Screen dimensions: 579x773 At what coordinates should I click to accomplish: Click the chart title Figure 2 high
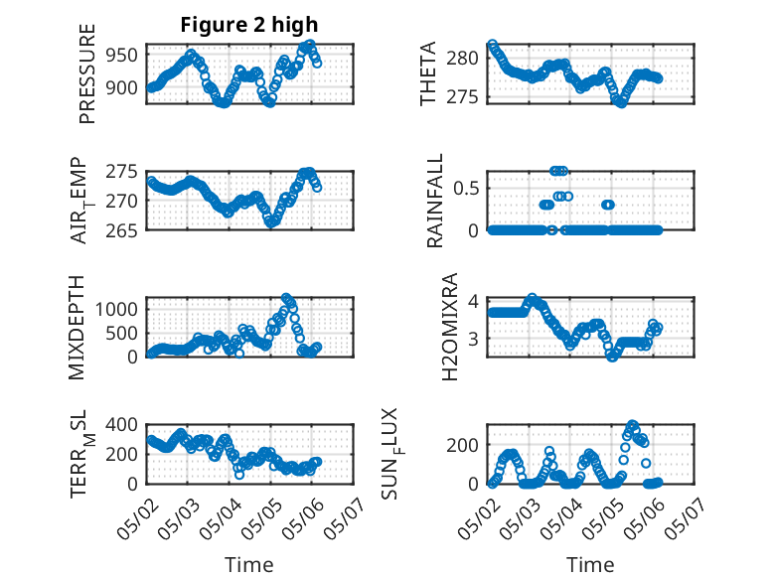pyautogui.click(x=248, y=24)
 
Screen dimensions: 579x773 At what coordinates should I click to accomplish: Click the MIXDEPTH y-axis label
pyautogui.click(x=78, y=326)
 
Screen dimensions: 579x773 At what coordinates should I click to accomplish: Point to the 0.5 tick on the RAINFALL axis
pyautogui.click(x=467, y=188)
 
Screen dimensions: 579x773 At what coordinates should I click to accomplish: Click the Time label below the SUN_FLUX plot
pyautogui.click(x=590, y=565)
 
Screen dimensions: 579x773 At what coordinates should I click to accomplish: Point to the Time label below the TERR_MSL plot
pyautogui.click(x=248, y=565)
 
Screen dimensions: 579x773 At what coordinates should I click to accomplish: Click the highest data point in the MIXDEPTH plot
pyautogui.click(x=287, y=298)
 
